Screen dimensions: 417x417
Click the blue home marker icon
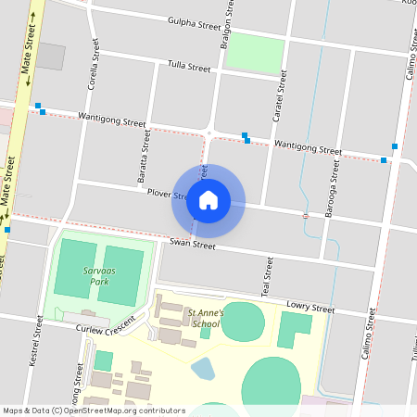208,200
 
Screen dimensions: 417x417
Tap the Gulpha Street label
195,24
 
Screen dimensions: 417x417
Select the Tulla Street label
189,67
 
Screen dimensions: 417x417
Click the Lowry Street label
310,308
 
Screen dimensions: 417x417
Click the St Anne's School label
205,319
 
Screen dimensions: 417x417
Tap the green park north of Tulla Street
255,53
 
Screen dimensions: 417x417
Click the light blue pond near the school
202,369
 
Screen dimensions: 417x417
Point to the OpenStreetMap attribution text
94,411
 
